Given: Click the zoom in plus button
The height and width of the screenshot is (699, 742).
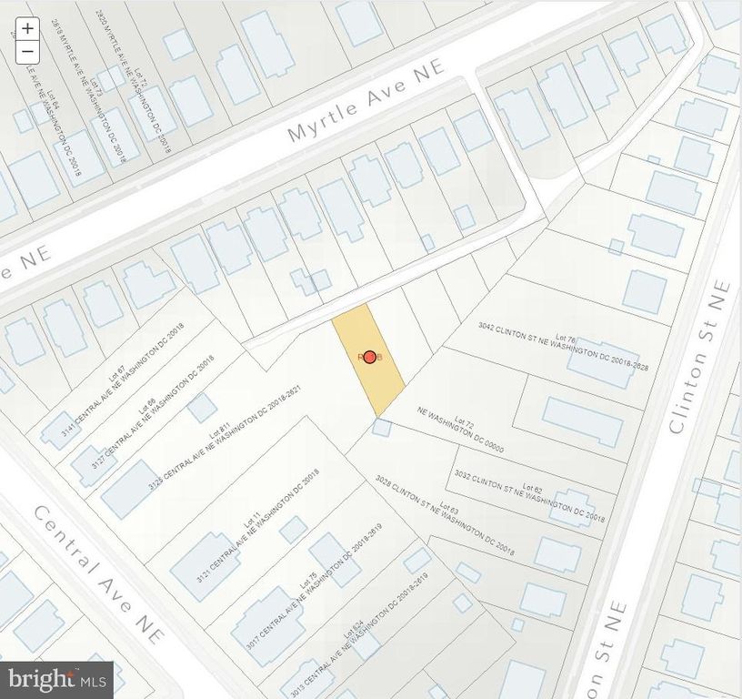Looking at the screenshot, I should pyautogui.click(x=28, y=28).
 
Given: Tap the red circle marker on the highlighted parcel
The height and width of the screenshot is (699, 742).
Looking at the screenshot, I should pyautogui.click(x=370, y=358).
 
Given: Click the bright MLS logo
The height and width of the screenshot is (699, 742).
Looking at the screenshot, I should pyautogui.click(x=56, y=679).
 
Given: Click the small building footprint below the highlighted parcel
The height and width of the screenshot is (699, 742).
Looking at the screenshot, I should pyautogui.click(x=382, y=428).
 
